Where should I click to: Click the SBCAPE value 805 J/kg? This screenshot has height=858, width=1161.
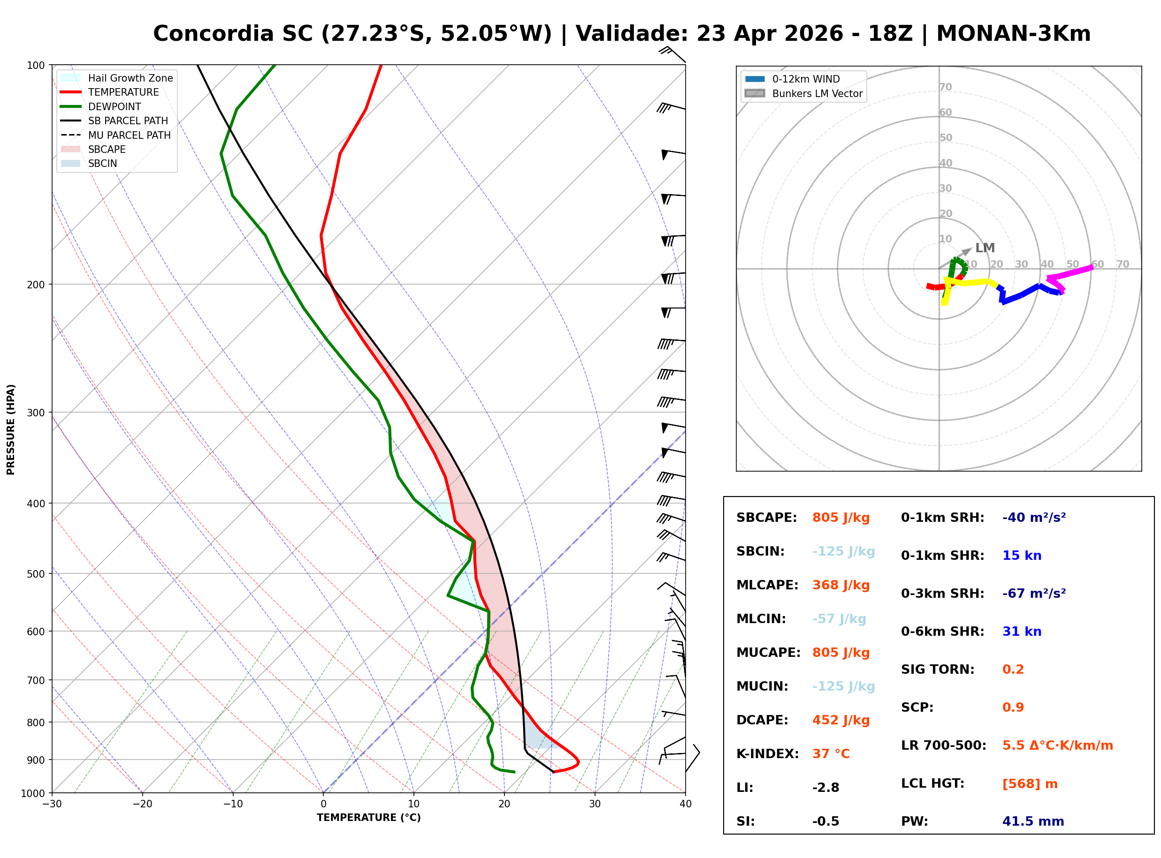840,518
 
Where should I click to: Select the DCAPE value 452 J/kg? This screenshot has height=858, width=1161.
840,720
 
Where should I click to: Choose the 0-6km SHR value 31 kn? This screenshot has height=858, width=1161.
1022,632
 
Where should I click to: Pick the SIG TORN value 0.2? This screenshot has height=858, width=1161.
1013,670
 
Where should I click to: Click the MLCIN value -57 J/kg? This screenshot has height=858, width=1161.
839,619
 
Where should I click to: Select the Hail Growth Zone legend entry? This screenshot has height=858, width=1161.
130,78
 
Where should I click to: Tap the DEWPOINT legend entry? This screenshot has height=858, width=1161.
115,106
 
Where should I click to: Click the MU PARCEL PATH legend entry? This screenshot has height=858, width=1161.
129,135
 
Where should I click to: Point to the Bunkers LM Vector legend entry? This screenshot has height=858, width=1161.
817,93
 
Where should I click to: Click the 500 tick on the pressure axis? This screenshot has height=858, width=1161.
37,574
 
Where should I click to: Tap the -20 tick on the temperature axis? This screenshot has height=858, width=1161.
142,804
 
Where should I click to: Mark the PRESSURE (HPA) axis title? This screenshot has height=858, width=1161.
11,429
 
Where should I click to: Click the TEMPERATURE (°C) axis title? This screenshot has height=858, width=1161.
368,818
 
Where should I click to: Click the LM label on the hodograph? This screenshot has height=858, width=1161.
985,248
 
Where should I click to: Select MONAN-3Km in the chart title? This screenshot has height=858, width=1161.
1013,34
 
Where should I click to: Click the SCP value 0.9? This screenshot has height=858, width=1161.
1013,707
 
